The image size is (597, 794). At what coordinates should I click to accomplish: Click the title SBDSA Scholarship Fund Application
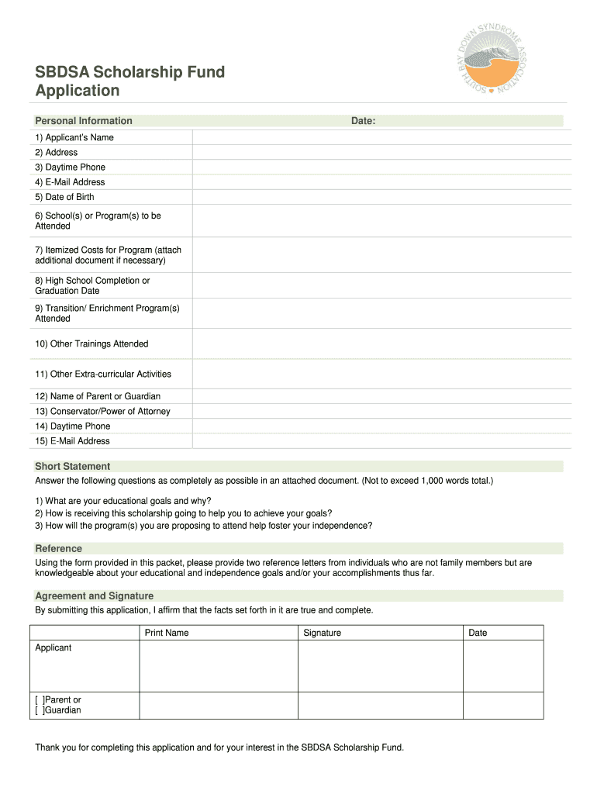pos(129,81)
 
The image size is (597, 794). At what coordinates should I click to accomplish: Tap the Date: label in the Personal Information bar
pos(363,121)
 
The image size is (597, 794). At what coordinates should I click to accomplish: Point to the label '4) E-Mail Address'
pos(70,182)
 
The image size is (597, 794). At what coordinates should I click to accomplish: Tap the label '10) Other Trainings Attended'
pos(91,343)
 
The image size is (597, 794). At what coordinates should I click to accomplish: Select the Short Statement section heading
pos(73,467)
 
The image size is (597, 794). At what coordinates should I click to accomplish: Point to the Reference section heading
pos(59,549)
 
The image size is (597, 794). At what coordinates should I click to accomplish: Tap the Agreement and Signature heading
pos(94,596)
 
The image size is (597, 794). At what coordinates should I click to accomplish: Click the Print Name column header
pos(167,633)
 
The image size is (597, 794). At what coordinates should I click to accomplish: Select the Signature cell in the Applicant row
pos(380,666)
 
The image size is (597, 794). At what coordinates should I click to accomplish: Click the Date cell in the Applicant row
pos(502,666)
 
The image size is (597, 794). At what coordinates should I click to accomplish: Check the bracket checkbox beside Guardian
pos(39,710)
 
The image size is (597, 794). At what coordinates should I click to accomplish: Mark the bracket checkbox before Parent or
pos(39,700)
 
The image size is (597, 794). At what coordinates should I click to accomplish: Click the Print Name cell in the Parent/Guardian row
pos(218,705)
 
